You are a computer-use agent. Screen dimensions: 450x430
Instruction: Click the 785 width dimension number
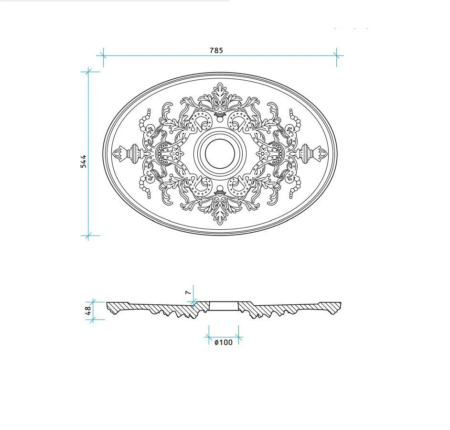pos(216,51)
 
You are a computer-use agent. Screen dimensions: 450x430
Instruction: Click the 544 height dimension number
pos(83,161)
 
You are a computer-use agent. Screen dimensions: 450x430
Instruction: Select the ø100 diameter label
pos(224,342)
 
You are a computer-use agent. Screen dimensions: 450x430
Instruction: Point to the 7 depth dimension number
pos(188,292)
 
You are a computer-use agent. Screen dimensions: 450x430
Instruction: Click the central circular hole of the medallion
pos(220,153)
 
